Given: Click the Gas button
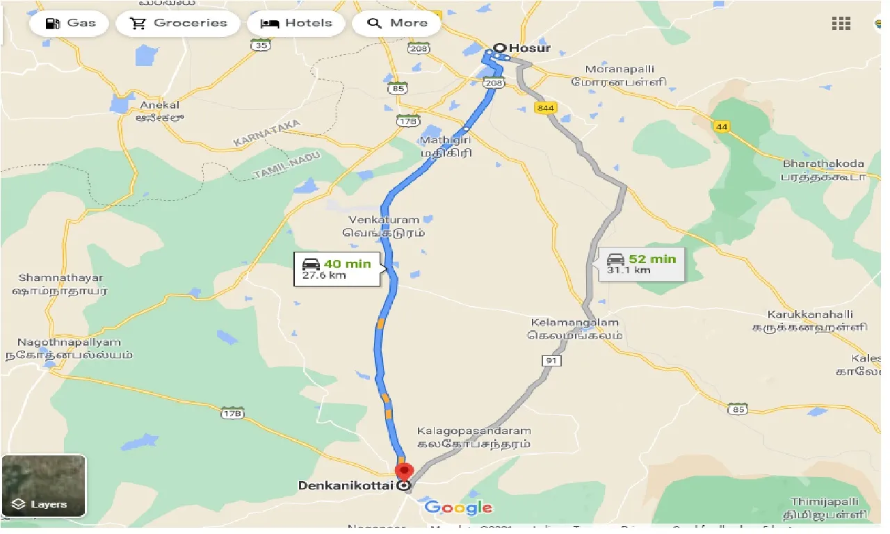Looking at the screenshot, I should (70, 23).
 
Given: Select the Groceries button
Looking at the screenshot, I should (177, 23).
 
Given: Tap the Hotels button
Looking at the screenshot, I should (296, 23).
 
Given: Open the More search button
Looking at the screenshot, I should (397, 23).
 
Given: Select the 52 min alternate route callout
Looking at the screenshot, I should (640, 264).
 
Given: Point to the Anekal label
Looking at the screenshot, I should (159, 106).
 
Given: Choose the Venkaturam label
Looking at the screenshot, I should (387, 220).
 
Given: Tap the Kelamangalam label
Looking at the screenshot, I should (574, 323).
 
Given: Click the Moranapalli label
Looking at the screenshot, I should (619, 70).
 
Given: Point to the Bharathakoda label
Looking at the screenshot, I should (823, 164).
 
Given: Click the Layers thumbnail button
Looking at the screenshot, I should (43, 486).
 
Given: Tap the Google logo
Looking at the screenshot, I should (459, 508).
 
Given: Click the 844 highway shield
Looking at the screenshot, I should (545, 108).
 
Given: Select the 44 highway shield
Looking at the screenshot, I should (721, 126).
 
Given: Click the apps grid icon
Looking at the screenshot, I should (841, 23).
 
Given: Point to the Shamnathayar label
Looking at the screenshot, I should (61, 278).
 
